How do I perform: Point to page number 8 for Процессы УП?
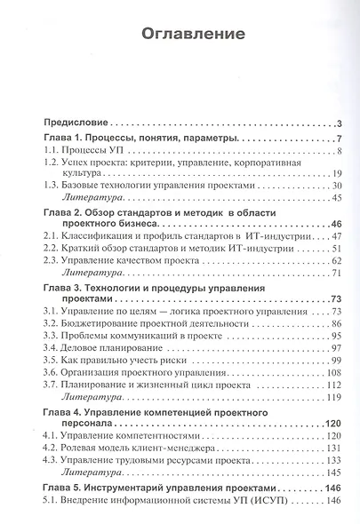tap(340, 155)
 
